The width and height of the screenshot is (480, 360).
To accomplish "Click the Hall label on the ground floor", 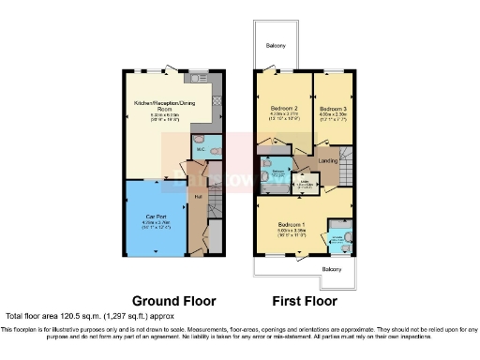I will tap(199, 197).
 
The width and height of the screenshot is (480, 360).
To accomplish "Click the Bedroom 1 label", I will tap(292, 225).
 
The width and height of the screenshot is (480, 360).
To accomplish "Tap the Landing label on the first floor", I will tap(328, 160).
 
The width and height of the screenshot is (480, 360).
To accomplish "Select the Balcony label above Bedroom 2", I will tap(275, 46).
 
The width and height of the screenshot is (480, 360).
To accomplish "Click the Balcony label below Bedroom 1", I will tap(330, 268).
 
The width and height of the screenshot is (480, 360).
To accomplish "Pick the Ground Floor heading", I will tap(173, 302).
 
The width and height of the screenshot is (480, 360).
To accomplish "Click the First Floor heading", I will tap(304, 302).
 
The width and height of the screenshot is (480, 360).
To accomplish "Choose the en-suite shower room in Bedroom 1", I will tap(340, 236).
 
